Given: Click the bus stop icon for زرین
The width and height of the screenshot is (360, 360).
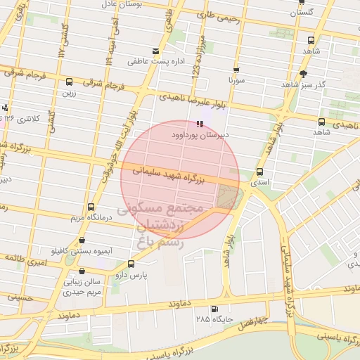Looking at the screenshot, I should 68,82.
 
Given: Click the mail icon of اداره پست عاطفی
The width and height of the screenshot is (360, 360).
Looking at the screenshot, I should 155,51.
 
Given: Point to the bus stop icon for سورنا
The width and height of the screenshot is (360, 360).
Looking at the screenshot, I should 236,70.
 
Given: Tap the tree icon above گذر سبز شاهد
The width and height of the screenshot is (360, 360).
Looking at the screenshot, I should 304,74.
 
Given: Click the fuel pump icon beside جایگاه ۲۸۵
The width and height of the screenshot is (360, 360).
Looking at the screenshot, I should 214,309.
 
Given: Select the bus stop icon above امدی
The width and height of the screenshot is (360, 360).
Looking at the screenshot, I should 259,172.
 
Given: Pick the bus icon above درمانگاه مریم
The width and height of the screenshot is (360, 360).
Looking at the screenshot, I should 91,207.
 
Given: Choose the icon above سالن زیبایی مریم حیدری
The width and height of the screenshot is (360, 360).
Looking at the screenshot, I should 82,271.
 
